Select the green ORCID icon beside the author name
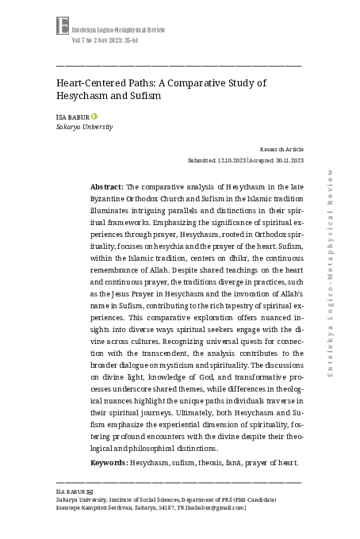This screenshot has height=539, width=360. point(95,117)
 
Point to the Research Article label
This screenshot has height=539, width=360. point(281,149)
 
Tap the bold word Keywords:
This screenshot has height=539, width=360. point(109,462)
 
